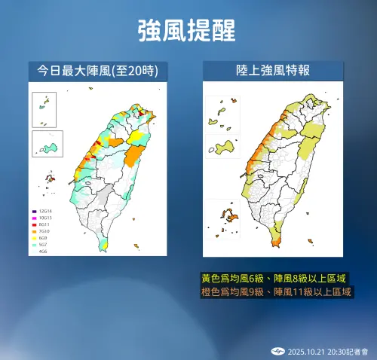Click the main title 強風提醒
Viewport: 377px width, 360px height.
[x=188, y=31]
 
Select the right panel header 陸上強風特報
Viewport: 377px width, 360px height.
[x=274, y=71]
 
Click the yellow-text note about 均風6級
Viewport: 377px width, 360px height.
[x=277, y=277]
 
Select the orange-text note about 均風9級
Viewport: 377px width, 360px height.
[x=277, y=291]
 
